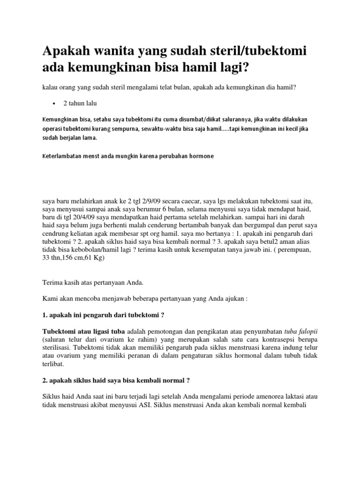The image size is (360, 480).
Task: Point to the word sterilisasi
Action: click(59, 347)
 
